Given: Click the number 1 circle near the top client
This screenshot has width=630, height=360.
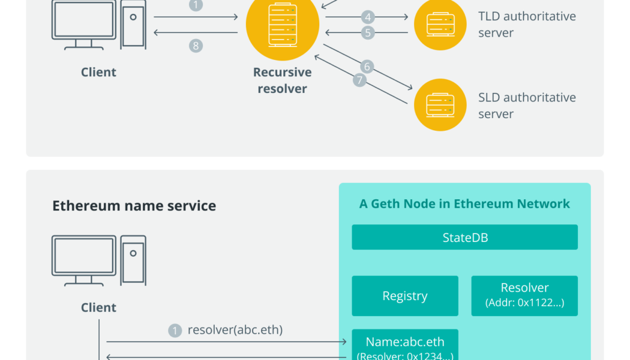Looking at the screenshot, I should (x=196, y=5).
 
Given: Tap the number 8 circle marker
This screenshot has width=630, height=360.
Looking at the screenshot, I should (x=196, y=45).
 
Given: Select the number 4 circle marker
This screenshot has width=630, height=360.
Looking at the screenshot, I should (x=367, y=17).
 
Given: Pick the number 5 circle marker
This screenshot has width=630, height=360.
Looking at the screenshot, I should (x=367, y=32).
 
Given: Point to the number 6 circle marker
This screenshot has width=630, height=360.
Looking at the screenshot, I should (x=367, y=67).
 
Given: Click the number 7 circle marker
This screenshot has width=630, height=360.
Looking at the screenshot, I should (x=359, y=80).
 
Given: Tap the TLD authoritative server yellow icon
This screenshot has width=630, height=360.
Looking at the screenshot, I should (x=440, y=24).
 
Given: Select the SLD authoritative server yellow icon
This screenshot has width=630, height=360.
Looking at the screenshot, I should (x=440, y=105).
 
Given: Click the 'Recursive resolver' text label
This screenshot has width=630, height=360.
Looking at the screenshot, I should (x=282, y=80).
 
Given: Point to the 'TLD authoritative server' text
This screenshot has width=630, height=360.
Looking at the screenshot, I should (x=526, y=25).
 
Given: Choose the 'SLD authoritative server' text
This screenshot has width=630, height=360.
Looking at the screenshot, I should (x=526, y=106).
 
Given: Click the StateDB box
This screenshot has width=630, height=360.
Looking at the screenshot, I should (x=464, y=237).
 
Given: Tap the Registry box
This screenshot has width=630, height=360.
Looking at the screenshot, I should (x=405, y=296).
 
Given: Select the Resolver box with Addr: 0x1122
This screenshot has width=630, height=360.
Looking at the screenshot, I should (x=524, y=296).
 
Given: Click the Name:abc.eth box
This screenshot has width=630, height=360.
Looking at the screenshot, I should (x=405, y=346).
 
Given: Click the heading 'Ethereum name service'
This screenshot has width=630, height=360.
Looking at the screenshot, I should (x=134, y=206).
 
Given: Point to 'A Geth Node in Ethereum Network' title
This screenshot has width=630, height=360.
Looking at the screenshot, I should (x=464, y=203).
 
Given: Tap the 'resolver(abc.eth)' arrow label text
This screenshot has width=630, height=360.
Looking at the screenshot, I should (x=235, y=329).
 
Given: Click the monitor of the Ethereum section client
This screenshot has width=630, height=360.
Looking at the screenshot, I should (x=83, y=256).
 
